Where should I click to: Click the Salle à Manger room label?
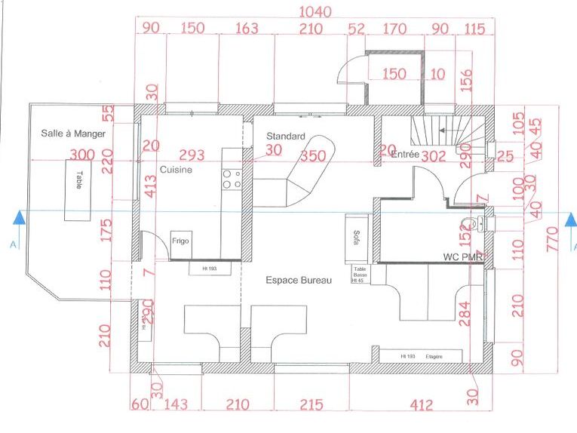click(x=73, y=134)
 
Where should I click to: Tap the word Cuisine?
click(x=176, y=170)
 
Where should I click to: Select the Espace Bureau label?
click(x=298, y=280)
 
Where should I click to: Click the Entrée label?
click(x=405, y=154)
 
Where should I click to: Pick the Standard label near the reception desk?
click(x=286, y=137)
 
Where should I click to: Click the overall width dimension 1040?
click(x=315, y=11)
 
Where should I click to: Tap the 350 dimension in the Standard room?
click(x=312, y=156)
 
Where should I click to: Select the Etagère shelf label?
click(x=433, y=355)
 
